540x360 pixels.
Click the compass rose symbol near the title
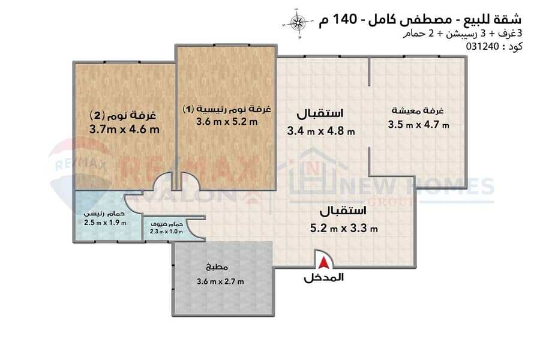pyautogui.click(x=298, y=23)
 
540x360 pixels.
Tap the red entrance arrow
pyautogui.click(x=323, y=263)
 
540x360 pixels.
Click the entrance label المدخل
pyautogui.click(x=324, y=277)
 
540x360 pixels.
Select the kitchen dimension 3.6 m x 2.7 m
pyautogui.click(x=220, y=281)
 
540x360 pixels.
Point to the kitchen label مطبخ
pyautogui.click(x=217, y=266)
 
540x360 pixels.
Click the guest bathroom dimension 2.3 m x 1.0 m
pyautogui.click(x=166, y=232)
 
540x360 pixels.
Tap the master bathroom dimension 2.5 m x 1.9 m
pyautogui.click(x=105, y=223)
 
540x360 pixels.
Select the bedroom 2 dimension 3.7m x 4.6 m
pyautogui.click(x=124, y=130)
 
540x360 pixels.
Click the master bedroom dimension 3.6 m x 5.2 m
pyautogui.click(x=227, y=122)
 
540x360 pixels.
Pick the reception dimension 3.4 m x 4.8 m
pyautogui.click(x=321, y=131)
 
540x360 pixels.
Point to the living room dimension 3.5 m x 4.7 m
pyautogui.click(x=418, y=124)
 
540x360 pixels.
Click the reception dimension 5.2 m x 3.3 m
pyautogui.click(x=344, y=228)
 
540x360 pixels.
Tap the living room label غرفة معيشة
pyautogui.click(x=418, y=110)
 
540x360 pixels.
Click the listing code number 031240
pyautogui.click(x=482, y=46)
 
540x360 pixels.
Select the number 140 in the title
pyautogui.click(x=346, y=19)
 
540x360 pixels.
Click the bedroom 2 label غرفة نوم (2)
pyautogui.click(x=123, y=115)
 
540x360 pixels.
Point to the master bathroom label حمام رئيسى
pyautogui.click(x=104, y=214)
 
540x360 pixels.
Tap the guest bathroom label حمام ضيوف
pyautogui.click(x=167, y=224)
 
